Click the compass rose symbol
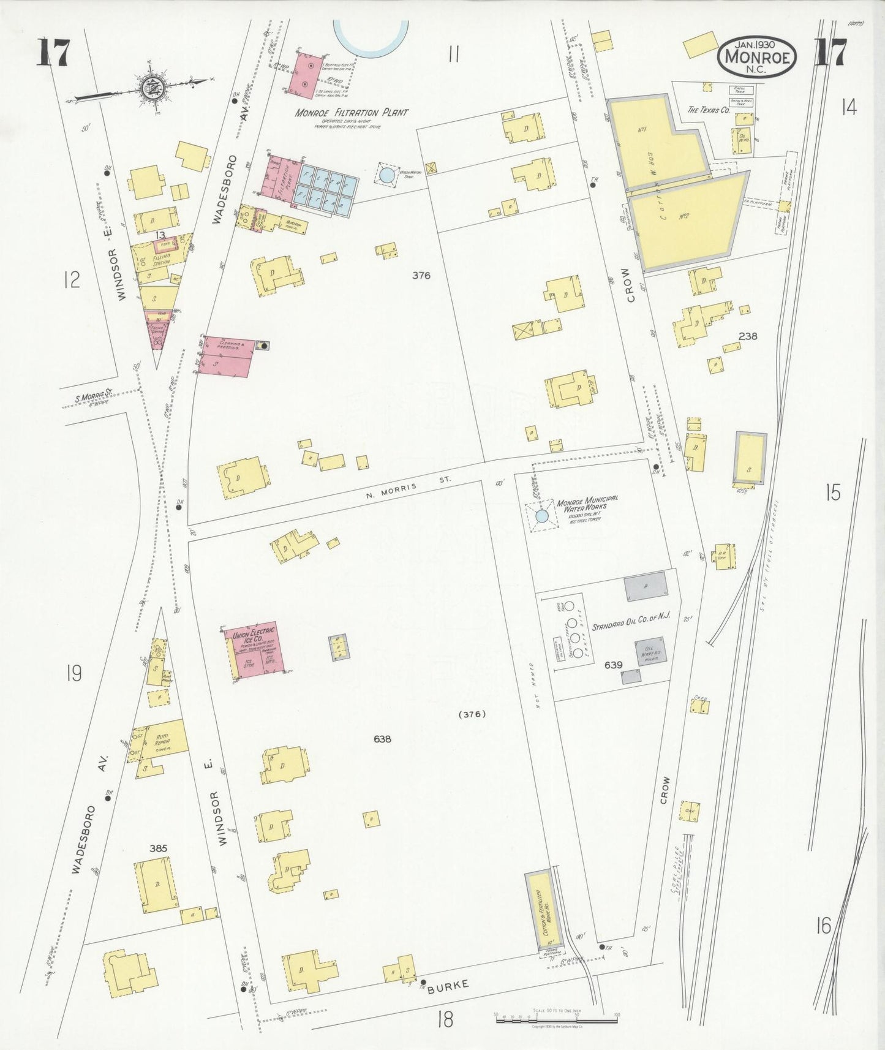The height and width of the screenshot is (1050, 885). (149, 88)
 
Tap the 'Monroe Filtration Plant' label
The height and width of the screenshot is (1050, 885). (351, 113)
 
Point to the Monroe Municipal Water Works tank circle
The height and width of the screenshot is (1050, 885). (542, 516)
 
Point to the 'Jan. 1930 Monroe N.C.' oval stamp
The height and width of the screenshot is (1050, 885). (758, 57)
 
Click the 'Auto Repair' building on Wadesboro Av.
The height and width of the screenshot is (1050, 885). (162, 740)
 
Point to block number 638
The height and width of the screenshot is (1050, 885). (382, 739)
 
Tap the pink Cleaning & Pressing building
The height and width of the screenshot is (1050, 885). (227, 356)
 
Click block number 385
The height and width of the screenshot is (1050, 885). (158, 848)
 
